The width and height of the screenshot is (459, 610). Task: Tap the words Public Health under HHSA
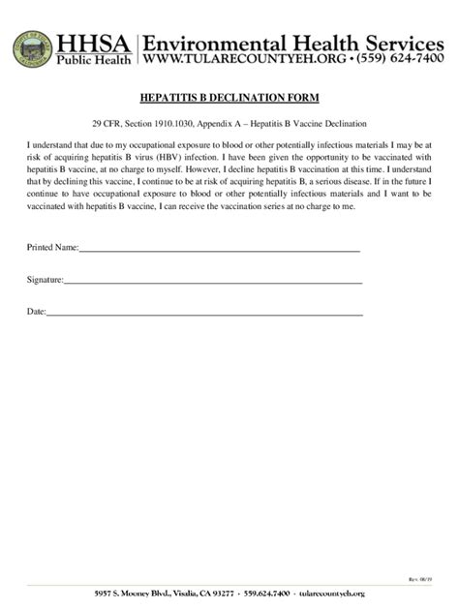[97, 60]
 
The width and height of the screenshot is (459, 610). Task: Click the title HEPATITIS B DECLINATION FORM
[229, 99]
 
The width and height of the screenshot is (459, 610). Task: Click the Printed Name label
[52, 248]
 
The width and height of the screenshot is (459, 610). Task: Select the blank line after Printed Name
[220, 250]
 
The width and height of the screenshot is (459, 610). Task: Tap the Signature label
[45, 280]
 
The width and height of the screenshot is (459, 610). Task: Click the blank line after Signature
[213, 282]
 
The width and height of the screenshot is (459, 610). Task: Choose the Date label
[36, 312]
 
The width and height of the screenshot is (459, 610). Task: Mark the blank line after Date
[205, 314]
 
